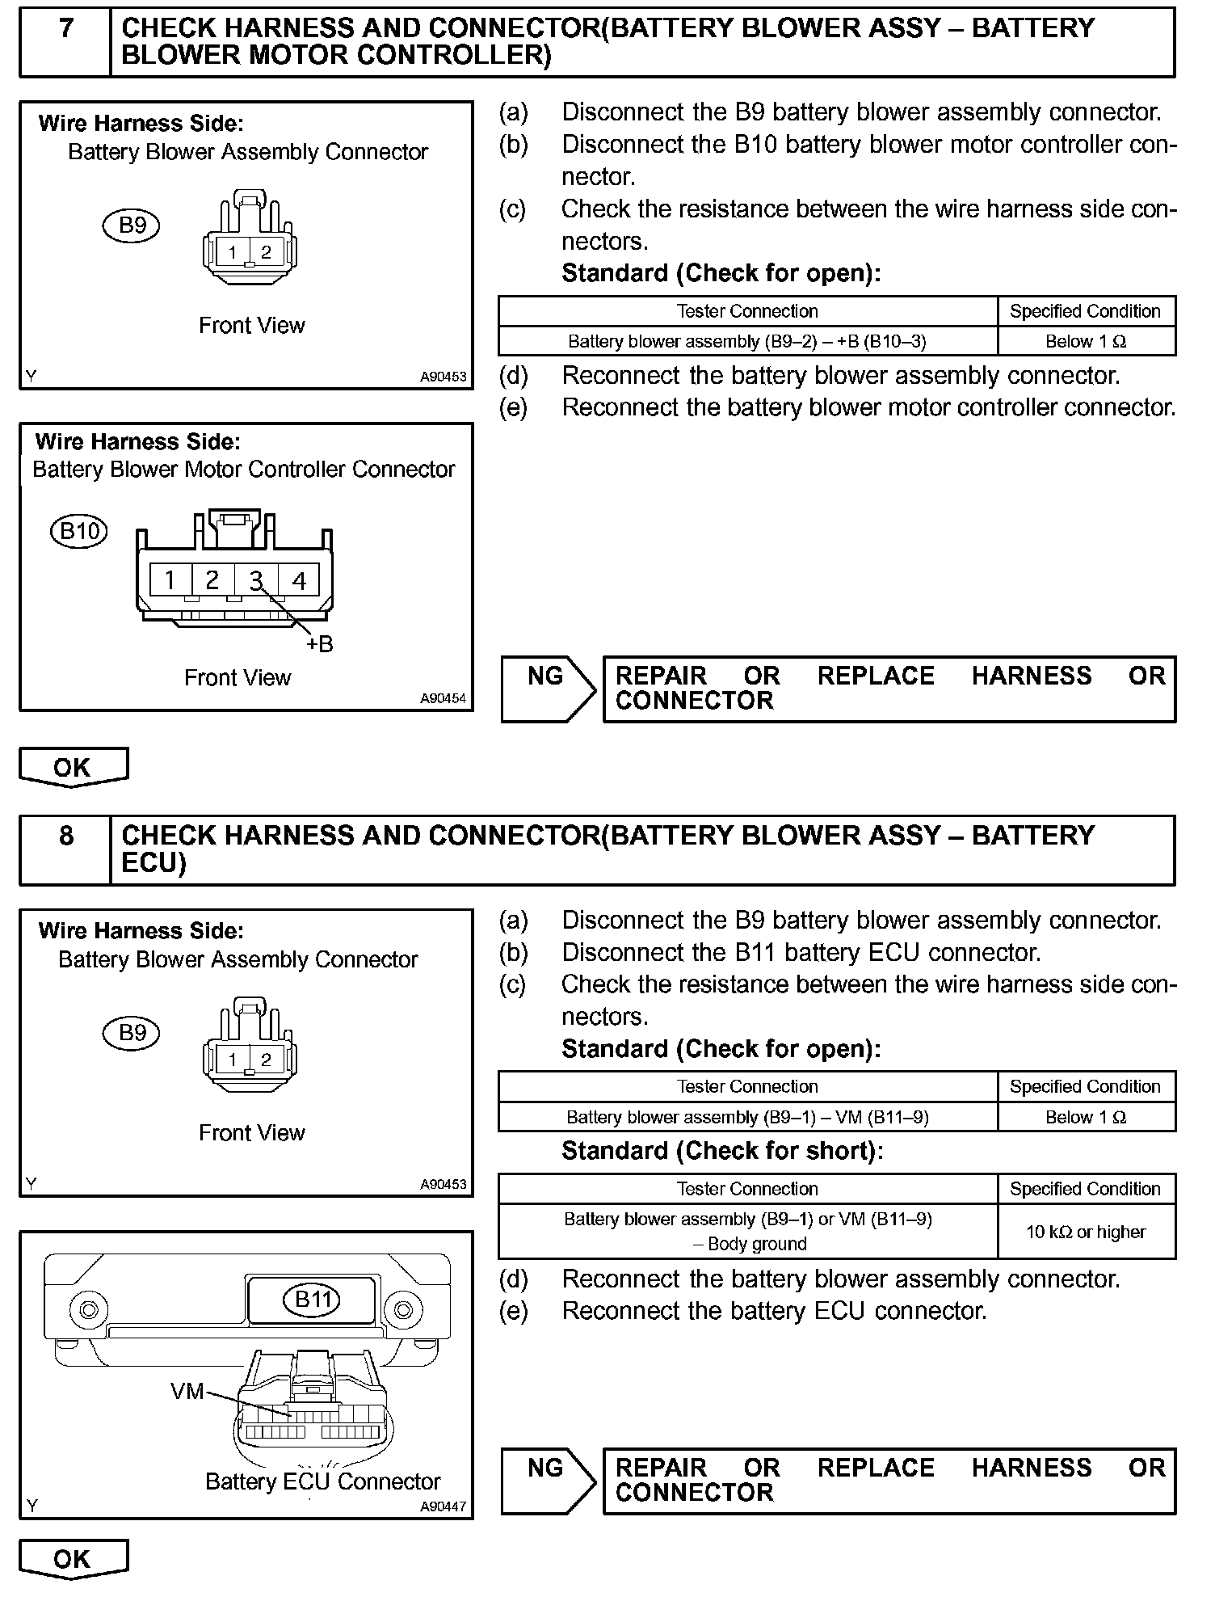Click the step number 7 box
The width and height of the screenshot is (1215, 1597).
click(x=65, y=42)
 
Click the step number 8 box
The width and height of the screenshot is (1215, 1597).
click(x=65, y=849)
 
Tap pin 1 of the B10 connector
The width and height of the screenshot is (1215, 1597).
click(x=170, y=580)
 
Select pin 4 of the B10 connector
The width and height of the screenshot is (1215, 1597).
click(x=299, y=580)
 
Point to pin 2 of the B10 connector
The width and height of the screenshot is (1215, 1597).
click(x=212, y=580)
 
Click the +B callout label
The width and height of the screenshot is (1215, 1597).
click(x=319, y=644)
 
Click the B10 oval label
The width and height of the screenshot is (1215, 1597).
click(x=79, y=531)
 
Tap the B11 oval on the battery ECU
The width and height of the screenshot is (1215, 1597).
click(x=312, y=1300)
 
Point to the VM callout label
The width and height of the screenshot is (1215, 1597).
click(x=187, y=1391)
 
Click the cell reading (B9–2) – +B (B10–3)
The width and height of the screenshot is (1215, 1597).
click(x=747, y=341)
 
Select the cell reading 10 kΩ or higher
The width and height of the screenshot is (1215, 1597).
click(x=1086, y=1232)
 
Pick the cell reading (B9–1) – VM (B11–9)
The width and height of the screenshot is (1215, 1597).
click(x=747, y=1117)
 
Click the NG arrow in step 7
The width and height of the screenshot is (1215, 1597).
click(x=548, y=689)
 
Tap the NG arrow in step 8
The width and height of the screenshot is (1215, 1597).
click(x=548, y=1481)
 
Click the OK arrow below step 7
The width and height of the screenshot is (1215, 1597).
click(x=73, y=767)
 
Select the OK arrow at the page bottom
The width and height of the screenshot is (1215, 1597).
click(x=73, y=1558)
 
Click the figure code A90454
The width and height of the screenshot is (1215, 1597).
click(x=443, y=698)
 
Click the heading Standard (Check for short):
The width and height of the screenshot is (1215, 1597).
click(x=722, y=1151)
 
